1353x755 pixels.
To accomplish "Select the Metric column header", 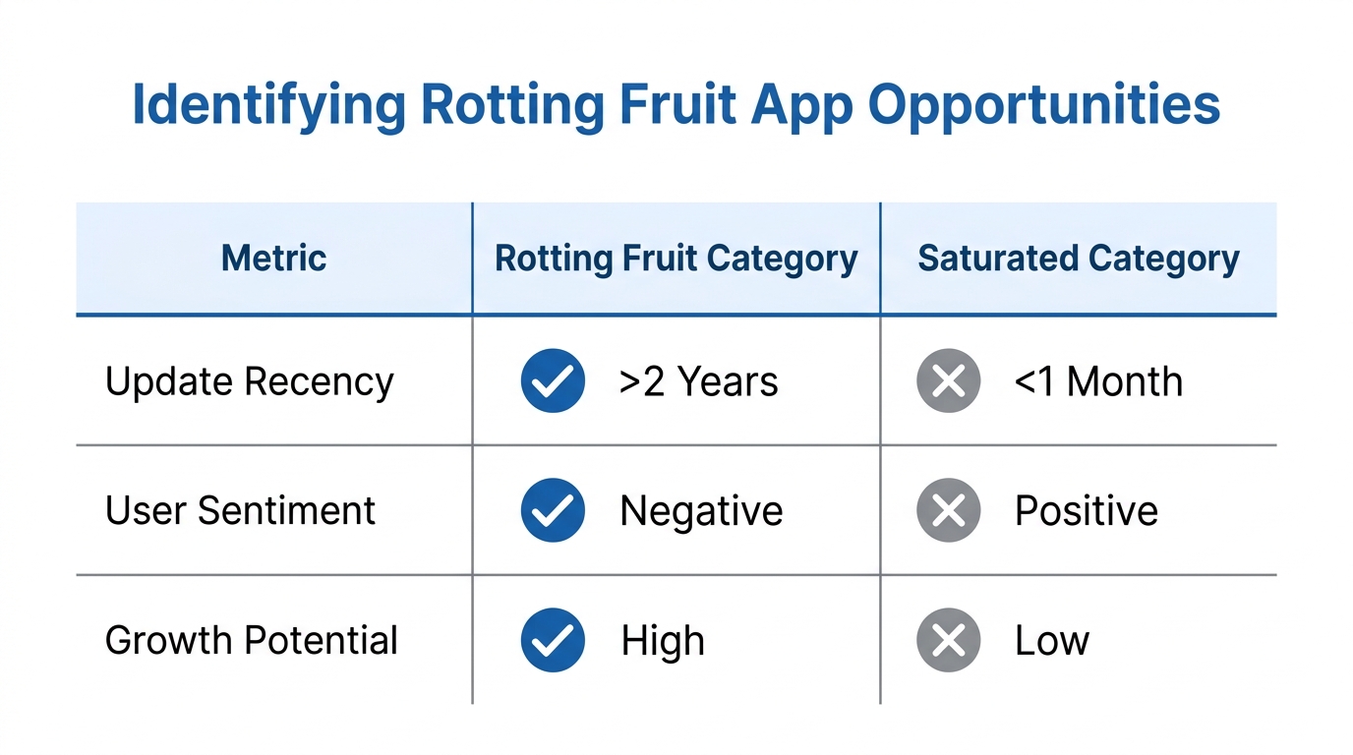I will click(x=273, y=259).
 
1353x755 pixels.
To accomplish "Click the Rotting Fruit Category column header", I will click(x=676, y=259).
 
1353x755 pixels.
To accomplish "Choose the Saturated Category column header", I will click(x=1078, y=259).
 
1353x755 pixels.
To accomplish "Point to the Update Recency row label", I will click(x=249, y=381).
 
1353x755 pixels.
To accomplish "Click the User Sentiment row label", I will click(x=240, y=510).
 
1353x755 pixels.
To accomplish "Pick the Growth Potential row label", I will click(x=251, y=640).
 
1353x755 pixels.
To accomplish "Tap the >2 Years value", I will click(x=698, y=381).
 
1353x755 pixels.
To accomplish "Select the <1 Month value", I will click(x=1097, y=381).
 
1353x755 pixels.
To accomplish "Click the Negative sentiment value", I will click(x=701, y=511).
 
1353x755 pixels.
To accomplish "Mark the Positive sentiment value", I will click(x=1086, y=511).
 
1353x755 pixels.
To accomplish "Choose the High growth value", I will click(x=663, y=641).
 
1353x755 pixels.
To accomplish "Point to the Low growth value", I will click(x=1051, y=641).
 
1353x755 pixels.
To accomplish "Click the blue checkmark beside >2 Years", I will click(x=553, y=380).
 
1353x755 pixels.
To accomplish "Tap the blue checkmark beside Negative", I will click(x=553, y=510).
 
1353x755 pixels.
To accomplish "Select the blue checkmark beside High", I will click(x=553, y=640).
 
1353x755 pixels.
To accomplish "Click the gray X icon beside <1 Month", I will click(x=948, y=380).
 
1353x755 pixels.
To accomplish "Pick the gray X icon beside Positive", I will click(x=948, y=510).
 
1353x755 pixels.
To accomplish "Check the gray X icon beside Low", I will click(x=948, y=640).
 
